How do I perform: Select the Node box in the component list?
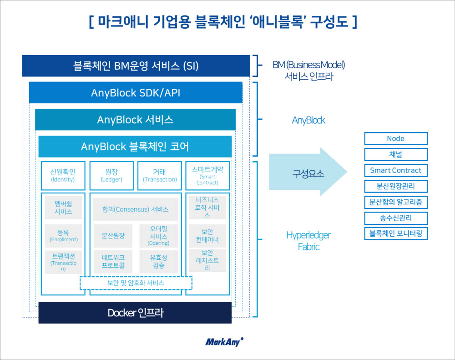click(395, 139)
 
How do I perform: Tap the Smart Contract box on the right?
click(395, 171)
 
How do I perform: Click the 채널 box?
click(395, 155)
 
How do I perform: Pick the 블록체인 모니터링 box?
click(395, 234)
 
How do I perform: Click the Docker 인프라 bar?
click(135, 313)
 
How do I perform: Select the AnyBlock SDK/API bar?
click(136, 93)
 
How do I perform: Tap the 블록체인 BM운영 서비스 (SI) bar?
click(136, 66)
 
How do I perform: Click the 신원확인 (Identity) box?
click(63, 175)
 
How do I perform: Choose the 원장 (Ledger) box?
click(111, 175)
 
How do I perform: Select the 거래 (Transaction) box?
click(160, 175)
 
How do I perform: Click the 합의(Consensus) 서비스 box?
click(135, 209)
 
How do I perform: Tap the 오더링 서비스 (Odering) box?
click(158, 236)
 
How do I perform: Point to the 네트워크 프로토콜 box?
click(113, 261)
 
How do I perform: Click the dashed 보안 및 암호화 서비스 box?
click(136, 283)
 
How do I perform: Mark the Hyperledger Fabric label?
click(308, 241)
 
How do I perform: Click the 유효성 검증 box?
click(158, 261)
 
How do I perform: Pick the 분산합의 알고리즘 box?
click(395, 202)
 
